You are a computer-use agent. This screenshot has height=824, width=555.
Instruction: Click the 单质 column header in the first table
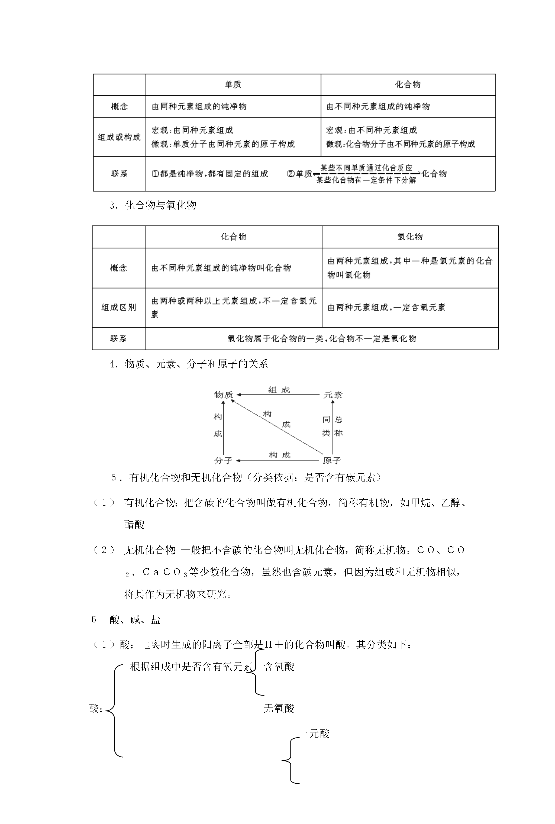(233, 85)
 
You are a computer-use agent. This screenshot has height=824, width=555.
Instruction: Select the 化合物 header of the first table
(408, 85)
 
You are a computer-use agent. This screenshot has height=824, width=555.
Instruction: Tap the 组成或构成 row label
(119, 137)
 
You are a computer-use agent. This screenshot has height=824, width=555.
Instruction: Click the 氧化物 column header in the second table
(410, 237)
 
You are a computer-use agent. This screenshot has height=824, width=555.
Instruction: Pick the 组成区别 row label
(119, 308)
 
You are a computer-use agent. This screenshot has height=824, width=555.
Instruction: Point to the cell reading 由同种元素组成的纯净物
(199, 106)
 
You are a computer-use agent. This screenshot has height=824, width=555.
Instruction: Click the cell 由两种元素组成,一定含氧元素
(386, 308)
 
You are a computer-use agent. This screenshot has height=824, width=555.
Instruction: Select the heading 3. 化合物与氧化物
(153, 205)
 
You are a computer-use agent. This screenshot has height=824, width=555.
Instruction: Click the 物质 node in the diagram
(224, 395)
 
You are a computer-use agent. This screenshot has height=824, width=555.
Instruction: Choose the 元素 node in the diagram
(333, 395)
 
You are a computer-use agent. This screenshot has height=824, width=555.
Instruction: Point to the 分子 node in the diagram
(223, 460)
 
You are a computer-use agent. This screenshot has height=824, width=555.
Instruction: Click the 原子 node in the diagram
(332, 460)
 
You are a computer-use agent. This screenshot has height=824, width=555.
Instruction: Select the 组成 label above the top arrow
(279, 390)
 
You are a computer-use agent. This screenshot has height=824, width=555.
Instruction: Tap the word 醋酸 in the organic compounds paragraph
(134, 524)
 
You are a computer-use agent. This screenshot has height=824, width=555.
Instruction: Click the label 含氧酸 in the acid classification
(279, 667)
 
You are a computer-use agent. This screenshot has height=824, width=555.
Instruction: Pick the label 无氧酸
(279, 708)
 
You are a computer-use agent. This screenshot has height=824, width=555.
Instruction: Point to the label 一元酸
(314, 734)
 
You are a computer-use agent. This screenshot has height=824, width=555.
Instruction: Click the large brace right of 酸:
(114, 711)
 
